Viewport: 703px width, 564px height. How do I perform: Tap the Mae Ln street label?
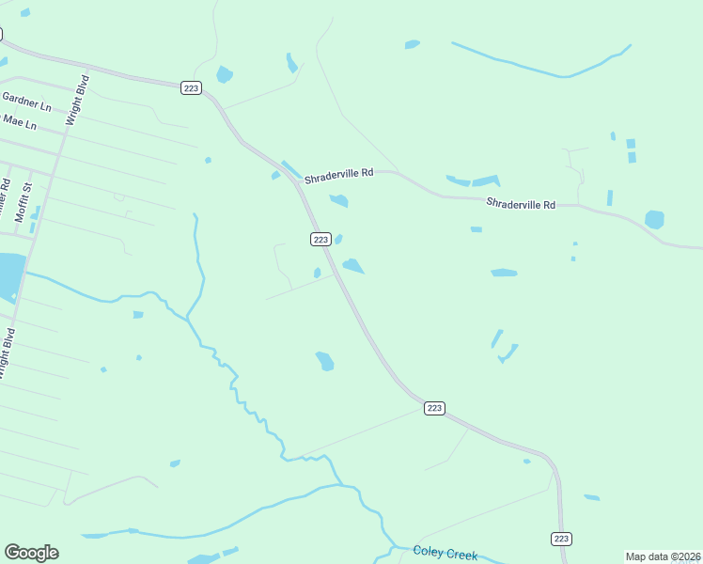pos(19,122)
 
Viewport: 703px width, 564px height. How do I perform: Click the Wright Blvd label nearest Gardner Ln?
pos(75,101)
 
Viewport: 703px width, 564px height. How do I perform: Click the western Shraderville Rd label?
pos(340,173)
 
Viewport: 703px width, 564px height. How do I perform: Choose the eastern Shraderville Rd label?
pos(521,204)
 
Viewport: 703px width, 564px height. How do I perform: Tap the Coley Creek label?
pos(445,553)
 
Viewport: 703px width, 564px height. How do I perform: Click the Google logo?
pos(31,553)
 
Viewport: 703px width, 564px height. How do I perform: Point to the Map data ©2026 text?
pos(663,556)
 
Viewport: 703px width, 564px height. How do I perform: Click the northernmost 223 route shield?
pos(191,87)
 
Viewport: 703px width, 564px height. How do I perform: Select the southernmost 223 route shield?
pos(561,539)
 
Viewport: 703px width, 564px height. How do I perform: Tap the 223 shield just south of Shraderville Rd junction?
pos(320,240)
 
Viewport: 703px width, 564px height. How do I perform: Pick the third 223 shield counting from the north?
pos(433,408)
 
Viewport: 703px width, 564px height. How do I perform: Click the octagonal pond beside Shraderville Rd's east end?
pos(654,220)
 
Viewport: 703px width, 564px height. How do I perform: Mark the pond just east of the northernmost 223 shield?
pos(224,74)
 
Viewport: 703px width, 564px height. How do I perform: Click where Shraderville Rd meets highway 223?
pos(298,180)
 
